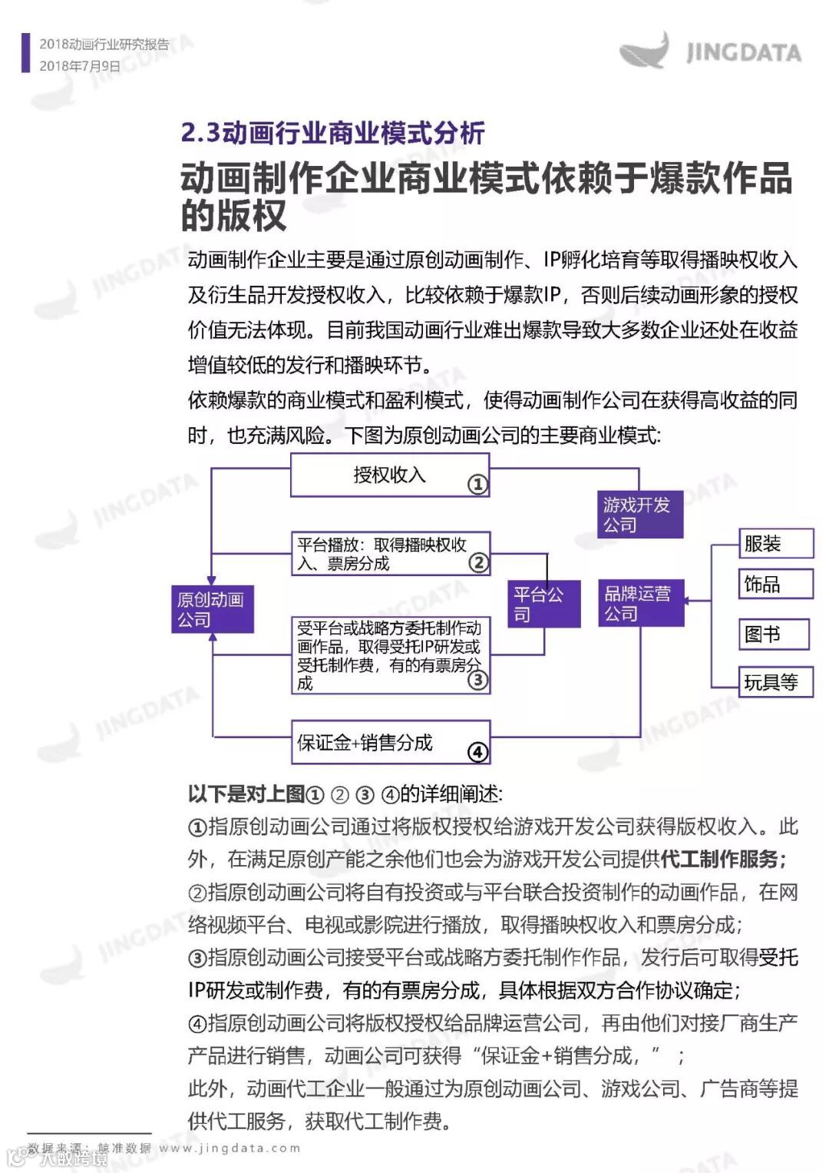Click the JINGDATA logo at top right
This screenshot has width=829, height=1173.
[710, 51]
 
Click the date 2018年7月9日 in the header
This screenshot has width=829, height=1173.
[80, 66]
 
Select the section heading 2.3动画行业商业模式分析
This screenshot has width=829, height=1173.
[332, 133]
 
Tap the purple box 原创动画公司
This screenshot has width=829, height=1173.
[211, 609]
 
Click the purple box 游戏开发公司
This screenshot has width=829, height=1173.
[639, 515]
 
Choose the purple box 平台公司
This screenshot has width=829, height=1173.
[544, 604]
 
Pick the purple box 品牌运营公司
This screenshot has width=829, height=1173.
[640, 603]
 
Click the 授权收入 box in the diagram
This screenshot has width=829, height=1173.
[389, 475]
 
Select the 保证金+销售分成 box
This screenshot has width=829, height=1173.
[390, 742]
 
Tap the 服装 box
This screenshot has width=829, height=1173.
[775, 544]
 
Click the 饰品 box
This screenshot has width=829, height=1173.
[775, 584]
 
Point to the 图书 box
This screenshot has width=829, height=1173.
[774, 635]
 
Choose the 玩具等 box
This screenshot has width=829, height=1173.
[775, 682]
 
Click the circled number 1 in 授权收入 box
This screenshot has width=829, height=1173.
[477, 484]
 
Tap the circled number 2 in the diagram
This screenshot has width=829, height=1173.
[478, 563]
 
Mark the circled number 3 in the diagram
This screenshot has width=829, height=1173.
[477, 680]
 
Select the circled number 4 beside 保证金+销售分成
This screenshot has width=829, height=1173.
[477, 752]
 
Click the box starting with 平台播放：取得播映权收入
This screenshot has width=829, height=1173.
[390, 554]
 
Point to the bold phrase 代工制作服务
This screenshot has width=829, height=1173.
[718, 859]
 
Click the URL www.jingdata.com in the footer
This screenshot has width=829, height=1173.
[230, 1148]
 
